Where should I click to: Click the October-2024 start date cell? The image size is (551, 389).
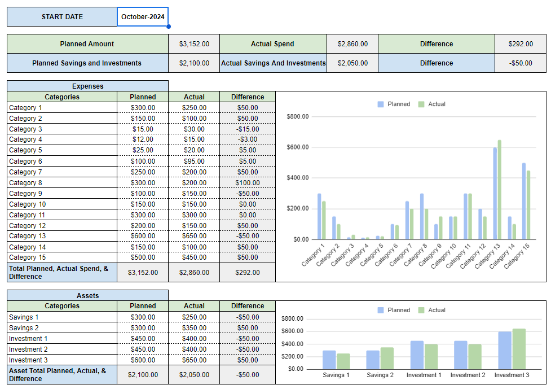143,17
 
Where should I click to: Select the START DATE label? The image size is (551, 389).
62,17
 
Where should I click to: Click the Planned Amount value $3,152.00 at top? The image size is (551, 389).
194,44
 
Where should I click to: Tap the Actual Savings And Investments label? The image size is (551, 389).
274,63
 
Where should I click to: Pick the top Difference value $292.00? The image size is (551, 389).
520,44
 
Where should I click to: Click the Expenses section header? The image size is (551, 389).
87,86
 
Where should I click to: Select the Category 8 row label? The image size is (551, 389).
25,183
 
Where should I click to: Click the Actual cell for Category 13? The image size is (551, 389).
194,236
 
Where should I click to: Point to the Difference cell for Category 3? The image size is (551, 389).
247,129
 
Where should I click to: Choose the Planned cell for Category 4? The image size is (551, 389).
143,139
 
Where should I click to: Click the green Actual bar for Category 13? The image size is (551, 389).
500,190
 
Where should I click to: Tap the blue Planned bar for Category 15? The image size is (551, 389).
524,201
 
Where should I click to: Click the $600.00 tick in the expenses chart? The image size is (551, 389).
298,147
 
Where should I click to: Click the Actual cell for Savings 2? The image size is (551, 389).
194,328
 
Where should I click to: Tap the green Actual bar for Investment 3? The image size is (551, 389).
519,348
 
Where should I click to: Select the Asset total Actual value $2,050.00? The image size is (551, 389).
194,375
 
